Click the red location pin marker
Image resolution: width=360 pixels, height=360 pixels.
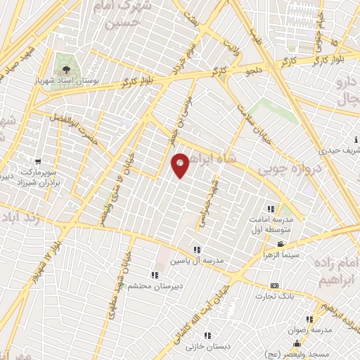point(181,165)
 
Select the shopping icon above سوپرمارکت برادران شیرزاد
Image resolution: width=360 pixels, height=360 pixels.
point(36,162)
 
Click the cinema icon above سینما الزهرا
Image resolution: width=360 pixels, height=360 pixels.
point(281,245)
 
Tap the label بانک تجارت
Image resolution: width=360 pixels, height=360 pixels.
point(274,296)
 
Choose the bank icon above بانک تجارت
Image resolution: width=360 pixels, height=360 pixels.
point(274,285)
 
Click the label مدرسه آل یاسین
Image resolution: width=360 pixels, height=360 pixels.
point(198,261)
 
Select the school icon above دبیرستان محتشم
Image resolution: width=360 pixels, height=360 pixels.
point(154,275)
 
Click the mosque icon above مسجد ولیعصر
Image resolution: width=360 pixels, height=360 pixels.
point(297,344)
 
